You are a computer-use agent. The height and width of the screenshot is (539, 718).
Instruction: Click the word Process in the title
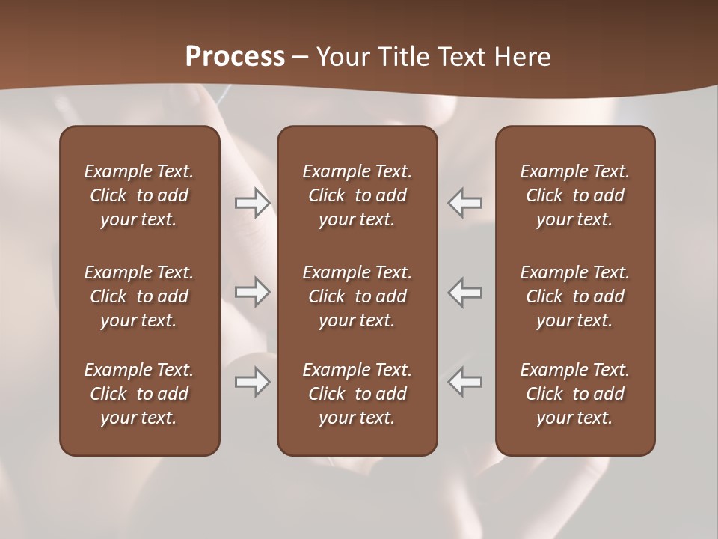tap(235, 57)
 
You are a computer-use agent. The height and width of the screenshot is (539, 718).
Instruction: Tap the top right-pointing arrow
tap(253, 203)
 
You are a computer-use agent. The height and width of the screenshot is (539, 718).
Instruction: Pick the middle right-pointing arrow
tap(253, 292)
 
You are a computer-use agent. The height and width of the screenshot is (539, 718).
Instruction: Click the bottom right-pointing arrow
tap(253, 382)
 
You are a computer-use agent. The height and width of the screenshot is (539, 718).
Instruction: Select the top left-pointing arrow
tap(464, 203)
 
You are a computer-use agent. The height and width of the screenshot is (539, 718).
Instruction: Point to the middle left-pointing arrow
tap(464, 292)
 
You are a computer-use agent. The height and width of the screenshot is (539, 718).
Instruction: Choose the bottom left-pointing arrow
tap(464, 382)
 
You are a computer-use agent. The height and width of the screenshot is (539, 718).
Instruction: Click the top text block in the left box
tap(139, 195)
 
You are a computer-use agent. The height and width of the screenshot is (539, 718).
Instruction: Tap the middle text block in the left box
tap(139, 296)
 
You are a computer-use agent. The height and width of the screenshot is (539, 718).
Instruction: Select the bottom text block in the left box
tap(139, 394)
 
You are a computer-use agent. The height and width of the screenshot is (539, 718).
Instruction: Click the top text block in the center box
tap(357, 195)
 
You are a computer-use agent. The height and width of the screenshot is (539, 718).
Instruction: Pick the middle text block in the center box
tap(357, 296)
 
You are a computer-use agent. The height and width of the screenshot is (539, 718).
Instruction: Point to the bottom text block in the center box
tap(357, 394)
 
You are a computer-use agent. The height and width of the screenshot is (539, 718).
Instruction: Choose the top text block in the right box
tap(575, 195)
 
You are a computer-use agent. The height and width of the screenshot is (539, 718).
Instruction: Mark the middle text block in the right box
tap(575, 296)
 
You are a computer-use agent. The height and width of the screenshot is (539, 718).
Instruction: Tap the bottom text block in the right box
tap(575, 394)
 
